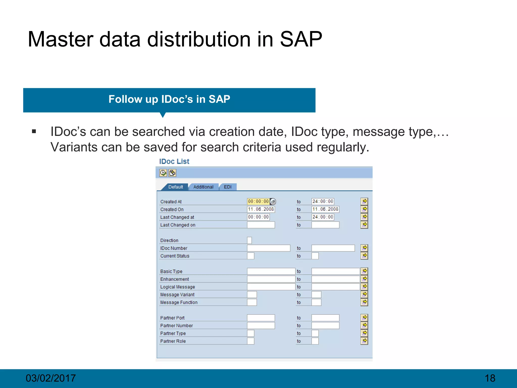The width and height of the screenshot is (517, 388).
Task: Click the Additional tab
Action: click(203, 187)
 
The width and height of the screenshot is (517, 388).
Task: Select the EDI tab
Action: click(228, 187)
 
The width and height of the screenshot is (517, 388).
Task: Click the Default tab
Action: click(175, 187)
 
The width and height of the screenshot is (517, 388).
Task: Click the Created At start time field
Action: click(258, 201)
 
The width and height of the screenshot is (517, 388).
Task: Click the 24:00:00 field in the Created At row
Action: click(323, 201)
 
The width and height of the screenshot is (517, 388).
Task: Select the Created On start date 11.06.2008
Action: click(261, 209)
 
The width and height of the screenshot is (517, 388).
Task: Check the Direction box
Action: click(249, 240)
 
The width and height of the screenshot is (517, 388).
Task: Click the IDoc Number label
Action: click(174, 248)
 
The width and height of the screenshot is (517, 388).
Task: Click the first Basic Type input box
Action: click(271, 271)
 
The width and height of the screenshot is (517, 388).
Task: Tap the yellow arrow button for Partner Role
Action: click(364, 341)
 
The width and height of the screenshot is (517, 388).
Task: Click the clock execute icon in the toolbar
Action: click(163, 173)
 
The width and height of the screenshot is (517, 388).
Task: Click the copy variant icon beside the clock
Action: click(172, 173)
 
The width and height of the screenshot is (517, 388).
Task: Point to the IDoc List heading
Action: click(174, 161)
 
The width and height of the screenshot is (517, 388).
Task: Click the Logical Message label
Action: click(177, 287)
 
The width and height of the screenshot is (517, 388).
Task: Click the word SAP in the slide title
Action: click(301, 39)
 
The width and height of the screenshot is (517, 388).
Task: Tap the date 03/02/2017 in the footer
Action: click(50, 378)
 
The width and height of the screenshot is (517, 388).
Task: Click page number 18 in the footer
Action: click(490, 378)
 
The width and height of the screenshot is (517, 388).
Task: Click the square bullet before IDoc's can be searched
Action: click(34, 131)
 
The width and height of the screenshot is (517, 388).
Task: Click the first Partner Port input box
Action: click(261, 318)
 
